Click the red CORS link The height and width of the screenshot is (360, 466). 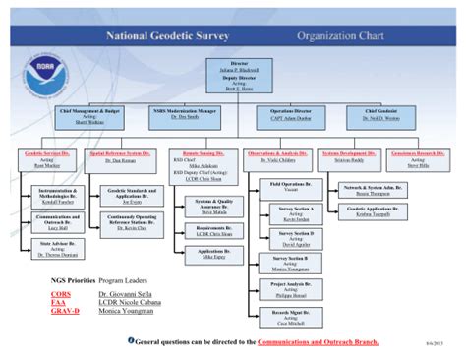61,292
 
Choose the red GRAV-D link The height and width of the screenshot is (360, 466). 67,310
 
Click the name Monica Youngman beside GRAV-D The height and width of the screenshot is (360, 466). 125,310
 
